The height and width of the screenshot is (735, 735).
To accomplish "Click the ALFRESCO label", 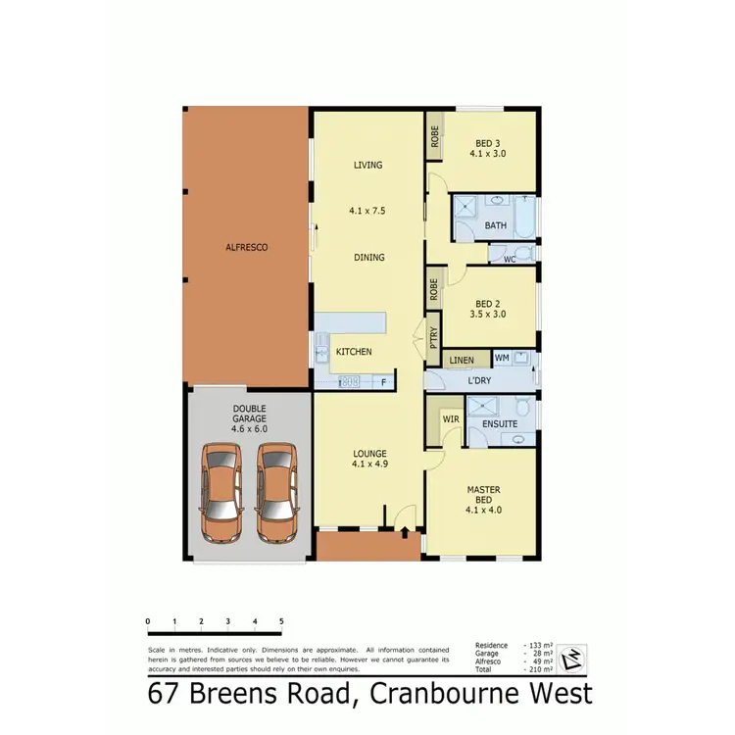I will tap(246, 248).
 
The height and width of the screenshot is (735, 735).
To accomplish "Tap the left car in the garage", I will tap(220, 492).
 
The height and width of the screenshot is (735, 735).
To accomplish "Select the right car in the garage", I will tap(276, 492).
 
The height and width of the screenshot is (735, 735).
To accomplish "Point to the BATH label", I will tap(495, 226).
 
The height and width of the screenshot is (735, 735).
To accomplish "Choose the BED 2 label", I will tap(487, 303).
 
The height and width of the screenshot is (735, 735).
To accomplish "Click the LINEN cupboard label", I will tap(461, 361).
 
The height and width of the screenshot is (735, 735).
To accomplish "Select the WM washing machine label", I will tap(501, 359).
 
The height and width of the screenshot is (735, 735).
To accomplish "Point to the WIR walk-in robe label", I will tap(451, 418).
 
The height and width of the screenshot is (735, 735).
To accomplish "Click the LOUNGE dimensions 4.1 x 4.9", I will tap(368, 465).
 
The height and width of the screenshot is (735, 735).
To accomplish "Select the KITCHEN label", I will tap(353, 351).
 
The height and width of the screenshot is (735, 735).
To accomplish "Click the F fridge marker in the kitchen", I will tap(383, 381).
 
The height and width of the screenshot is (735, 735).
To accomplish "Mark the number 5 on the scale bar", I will tap(281, 621).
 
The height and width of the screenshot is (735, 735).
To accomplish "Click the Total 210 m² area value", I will tap(538, 669).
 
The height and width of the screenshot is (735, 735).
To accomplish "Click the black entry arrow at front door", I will tap(404, 532).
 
